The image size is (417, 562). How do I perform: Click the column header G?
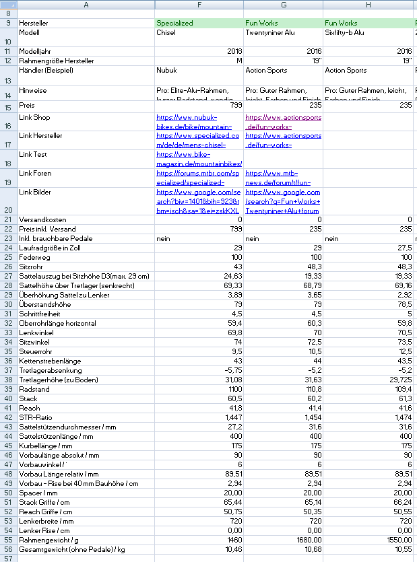[283, 5]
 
